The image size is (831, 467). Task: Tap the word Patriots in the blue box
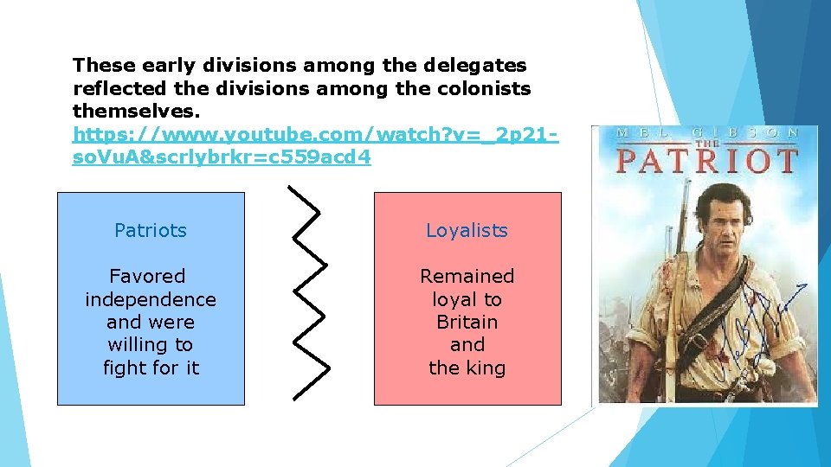coord(151,231)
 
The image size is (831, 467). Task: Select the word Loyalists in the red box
coord(467,231)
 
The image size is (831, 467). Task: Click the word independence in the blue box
coord(151,299)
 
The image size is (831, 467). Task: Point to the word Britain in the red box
coord(467,322)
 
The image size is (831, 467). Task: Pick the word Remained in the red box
coord(467,277)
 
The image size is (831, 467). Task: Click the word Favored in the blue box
coord(147,277)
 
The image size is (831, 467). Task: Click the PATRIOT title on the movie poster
coord(705,161)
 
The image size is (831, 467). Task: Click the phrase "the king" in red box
coord(467,368)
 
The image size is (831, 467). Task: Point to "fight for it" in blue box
coord(151,368)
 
